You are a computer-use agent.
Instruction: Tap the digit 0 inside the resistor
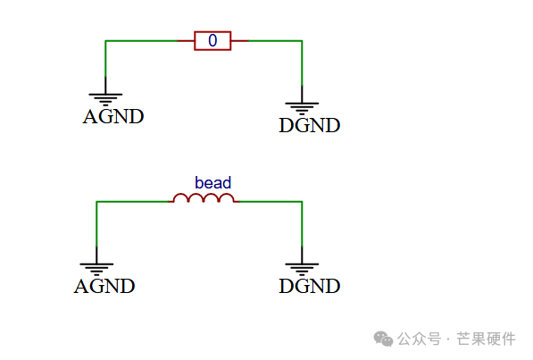coord(212,40)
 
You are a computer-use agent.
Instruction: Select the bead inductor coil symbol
coord(204,198)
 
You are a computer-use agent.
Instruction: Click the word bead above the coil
coord(212,183)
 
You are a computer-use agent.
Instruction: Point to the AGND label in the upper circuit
coord(113,117)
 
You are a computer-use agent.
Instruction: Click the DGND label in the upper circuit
coord(309,126)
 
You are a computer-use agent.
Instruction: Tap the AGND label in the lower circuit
coord(104,286)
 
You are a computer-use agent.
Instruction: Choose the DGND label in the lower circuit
coord(309,286)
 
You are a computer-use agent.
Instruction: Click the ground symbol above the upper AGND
coord(105,97)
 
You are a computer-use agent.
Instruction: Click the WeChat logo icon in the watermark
coord(383,339)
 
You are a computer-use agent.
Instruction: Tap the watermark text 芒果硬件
coord(486,339)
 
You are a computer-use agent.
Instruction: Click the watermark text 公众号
coord(419,339)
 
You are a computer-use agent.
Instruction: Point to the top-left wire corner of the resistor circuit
coord(105,41)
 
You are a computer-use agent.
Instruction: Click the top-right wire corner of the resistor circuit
coord(302,41)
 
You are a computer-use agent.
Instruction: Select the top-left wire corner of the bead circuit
coord(96,202)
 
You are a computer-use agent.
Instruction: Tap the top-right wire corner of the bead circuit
coord(302,202)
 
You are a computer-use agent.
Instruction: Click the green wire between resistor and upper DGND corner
coord(275,41)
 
